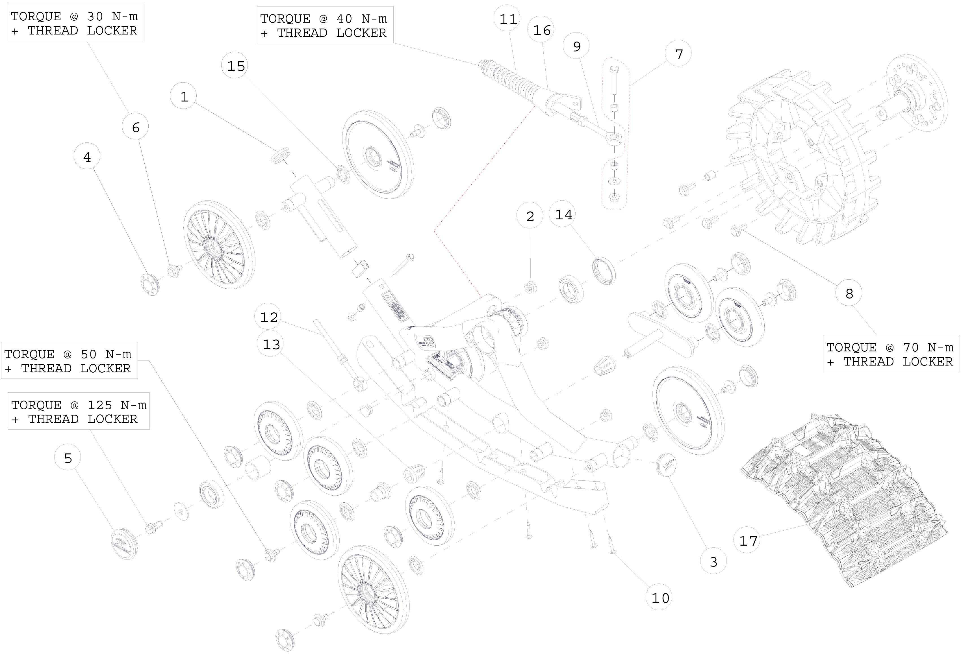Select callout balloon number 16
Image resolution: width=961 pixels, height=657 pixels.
click(x=541, y=30)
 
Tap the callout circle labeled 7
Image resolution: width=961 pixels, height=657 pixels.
click(x=678, y=54)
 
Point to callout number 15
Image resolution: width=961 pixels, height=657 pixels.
click(x=236, y=66)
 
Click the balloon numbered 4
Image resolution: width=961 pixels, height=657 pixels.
click(x=87, y=157)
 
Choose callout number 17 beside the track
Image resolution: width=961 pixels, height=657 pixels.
click(x=748, y=540)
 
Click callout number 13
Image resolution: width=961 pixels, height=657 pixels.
click(x=271, y=344)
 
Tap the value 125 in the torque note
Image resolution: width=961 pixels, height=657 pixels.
click(x=98, y=405)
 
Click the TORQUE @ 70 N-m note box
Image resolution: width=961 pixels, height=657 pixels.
click(x=891, y=354)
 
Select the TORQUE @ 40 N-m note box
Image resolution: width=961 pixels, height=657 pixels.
click(x=325, y=25)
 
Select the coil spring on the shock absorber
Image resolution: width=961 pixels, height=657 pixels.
click(x=515, y=80)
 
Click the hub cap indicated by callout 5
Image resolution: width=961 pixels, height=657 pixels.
click(x=124, y=543)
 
